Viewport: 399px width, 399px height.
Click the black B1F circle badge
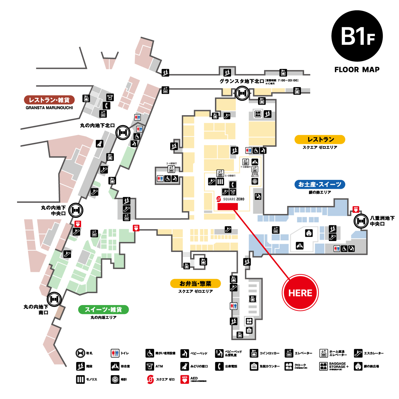357,36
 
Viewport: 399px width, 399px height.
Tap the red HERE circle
300,292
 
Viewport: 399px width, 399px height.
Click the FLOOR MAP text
357,70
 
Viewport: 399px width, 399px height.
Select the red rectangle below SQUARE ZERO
227,206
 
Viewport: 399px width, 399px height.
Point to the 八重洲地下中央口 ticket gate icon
361,221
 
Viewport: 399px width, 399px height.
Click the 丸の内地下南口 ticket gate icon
54,299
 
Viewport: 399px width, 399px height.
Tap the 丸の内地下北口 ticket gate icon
123,132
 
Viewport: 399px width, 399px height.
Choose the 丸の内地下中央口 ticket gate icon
76,210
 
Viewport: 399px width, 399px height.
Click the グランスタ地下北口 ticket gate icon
242,93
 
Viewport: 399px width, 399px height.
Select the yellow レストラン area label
320,139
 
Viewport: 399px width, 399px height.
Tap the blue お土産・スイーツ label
320,184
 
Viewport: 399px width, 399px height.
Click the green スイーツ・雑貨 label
103,310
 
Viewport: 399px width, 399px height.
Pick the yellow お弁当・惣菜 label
195,283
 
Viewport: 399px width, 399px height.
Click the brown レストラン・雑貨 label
49,100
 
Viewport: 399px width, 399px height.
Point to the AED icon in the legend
184,379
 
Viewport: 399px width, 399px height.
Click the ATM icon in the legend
150,366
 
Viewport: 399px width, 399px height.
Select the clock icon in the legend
115,379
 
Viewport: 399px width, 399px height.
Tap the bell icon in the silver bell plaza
309,233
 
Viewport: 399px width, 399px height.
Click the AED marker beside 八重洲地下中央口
356,209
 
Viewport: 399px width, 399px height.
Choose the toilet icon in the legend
115,353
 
